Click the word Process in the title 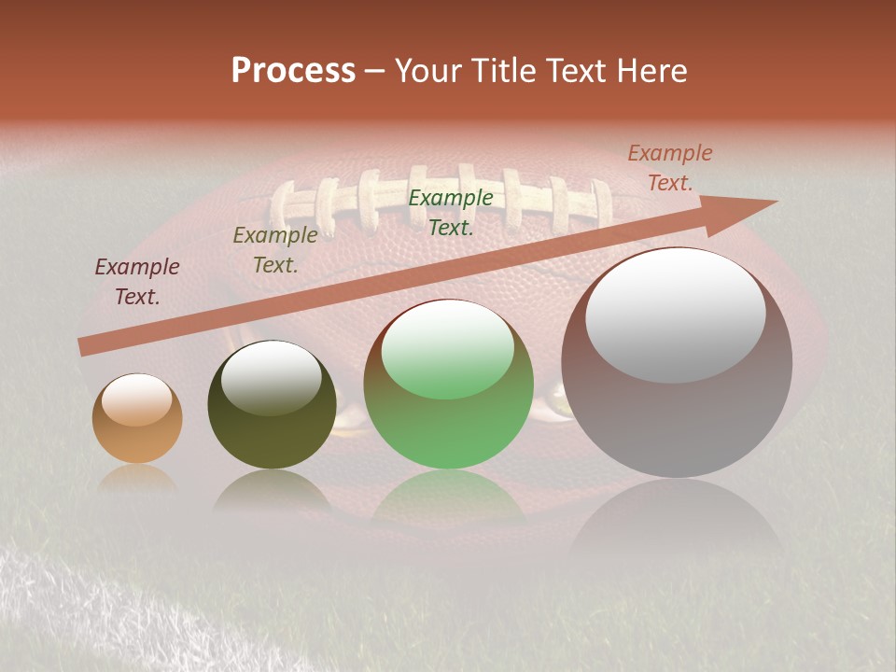click(293, 71)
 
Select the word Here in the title click(650, 71)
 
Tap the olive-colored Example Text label click(274, 250)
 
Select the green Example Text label click(451, 212)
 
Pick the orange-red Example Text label click(669, 168)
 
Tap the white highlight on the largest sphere click(675, 313)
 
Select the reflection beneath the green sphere click(448, 495)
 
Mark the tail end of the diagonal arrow click(86, 346)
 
